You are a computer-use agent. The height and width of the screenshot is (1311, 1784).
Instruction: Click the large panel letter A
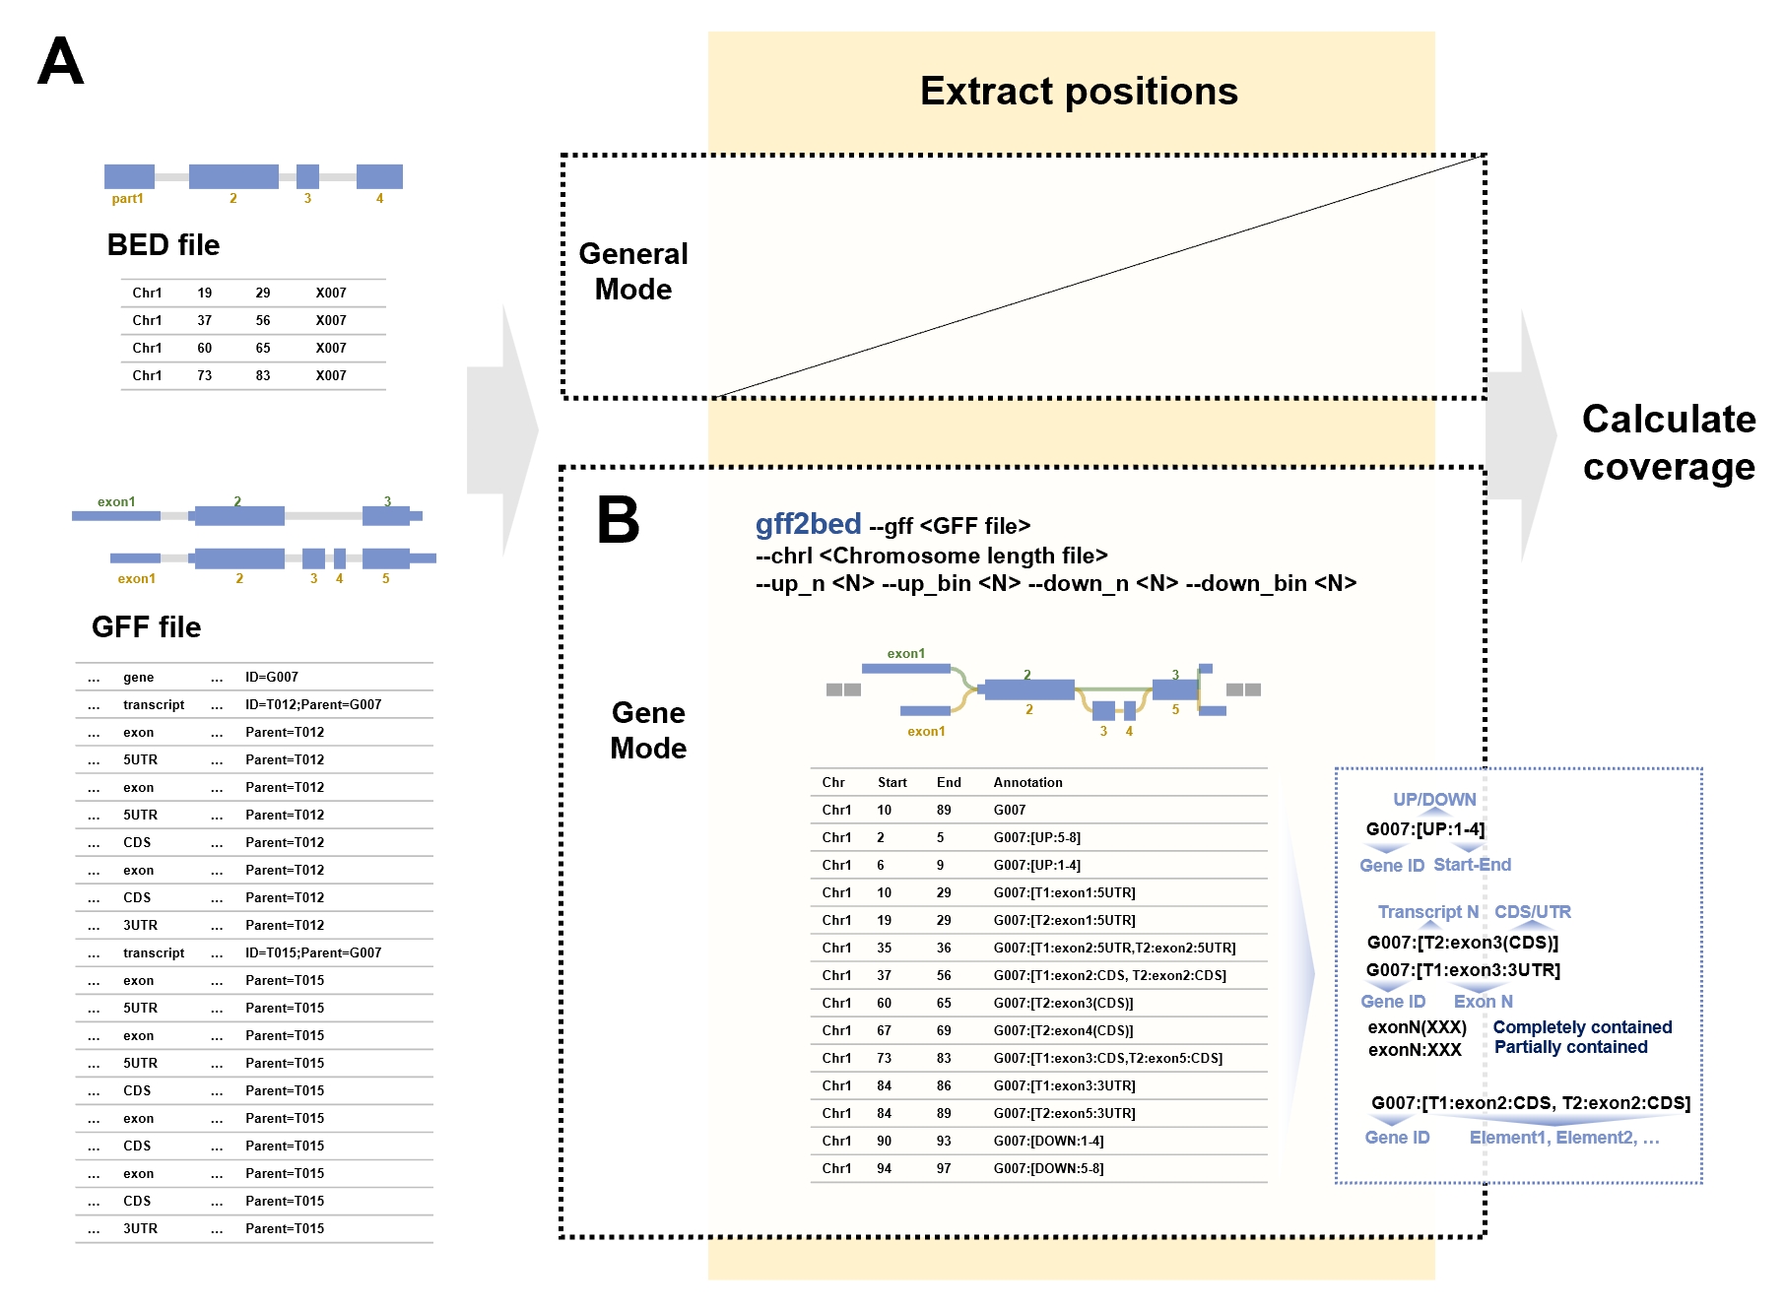click(61, 61)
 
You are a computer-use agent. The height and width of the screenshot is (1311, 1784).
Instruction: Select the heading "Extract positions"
click(1079, 91)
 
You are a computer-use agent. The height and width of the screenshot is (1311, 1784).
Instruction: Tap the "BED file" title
click(164, 244)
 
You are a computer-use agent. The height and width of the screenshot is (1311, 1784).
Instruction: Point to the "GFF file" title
click(147, 626)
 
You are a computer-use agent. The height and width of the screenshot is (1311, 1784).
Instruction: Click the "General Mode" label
click(633, 271)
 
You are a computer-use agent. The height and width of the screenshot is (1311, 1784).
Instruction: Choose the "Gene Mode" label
click(648, 730)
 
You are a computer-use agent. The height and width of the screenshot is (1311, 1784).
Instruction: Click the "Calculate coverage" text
click(1669, 442)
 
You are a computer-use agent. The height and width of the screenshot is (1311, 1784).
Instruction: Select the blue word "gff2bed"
click(809, 524)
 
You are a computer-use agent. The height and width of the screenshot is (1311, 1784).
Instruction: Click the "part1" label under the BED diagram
click(128, 199)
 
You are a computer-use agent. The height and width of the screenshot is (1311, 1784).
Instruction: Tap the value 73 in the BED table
click(205, 375)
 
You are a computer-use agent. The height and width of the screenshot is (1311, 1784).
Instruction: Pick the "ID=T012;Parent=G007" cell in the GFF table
click(313, 704)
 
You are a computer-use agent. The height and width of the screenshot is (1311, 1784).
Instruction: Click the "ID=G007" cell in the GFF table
click(272, 677)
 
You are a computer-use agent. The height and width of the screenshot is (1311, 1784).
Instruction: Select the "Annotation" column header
click(1028, 782)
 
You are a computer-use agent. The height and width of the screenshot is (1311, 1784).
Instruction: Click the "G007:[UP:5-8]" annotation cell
click(1037, 837)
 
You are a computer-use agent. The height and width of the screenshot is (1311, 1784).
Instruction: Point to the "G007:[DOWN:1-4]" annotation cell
click(1049, 1141)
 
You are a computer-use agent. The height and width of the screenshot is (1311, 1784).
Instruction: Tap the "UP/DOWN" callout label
click(1434, 800)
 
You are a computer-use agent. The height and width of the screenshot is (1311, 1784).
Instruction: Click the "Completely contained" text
click(1583, 1027)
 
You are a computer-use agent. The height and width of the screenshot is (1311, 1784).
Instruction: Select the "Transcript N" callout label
click(1428, 912)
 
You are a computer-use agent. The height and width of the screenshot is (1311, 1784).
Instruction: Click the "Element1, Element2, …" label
click(1564, 1138)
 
